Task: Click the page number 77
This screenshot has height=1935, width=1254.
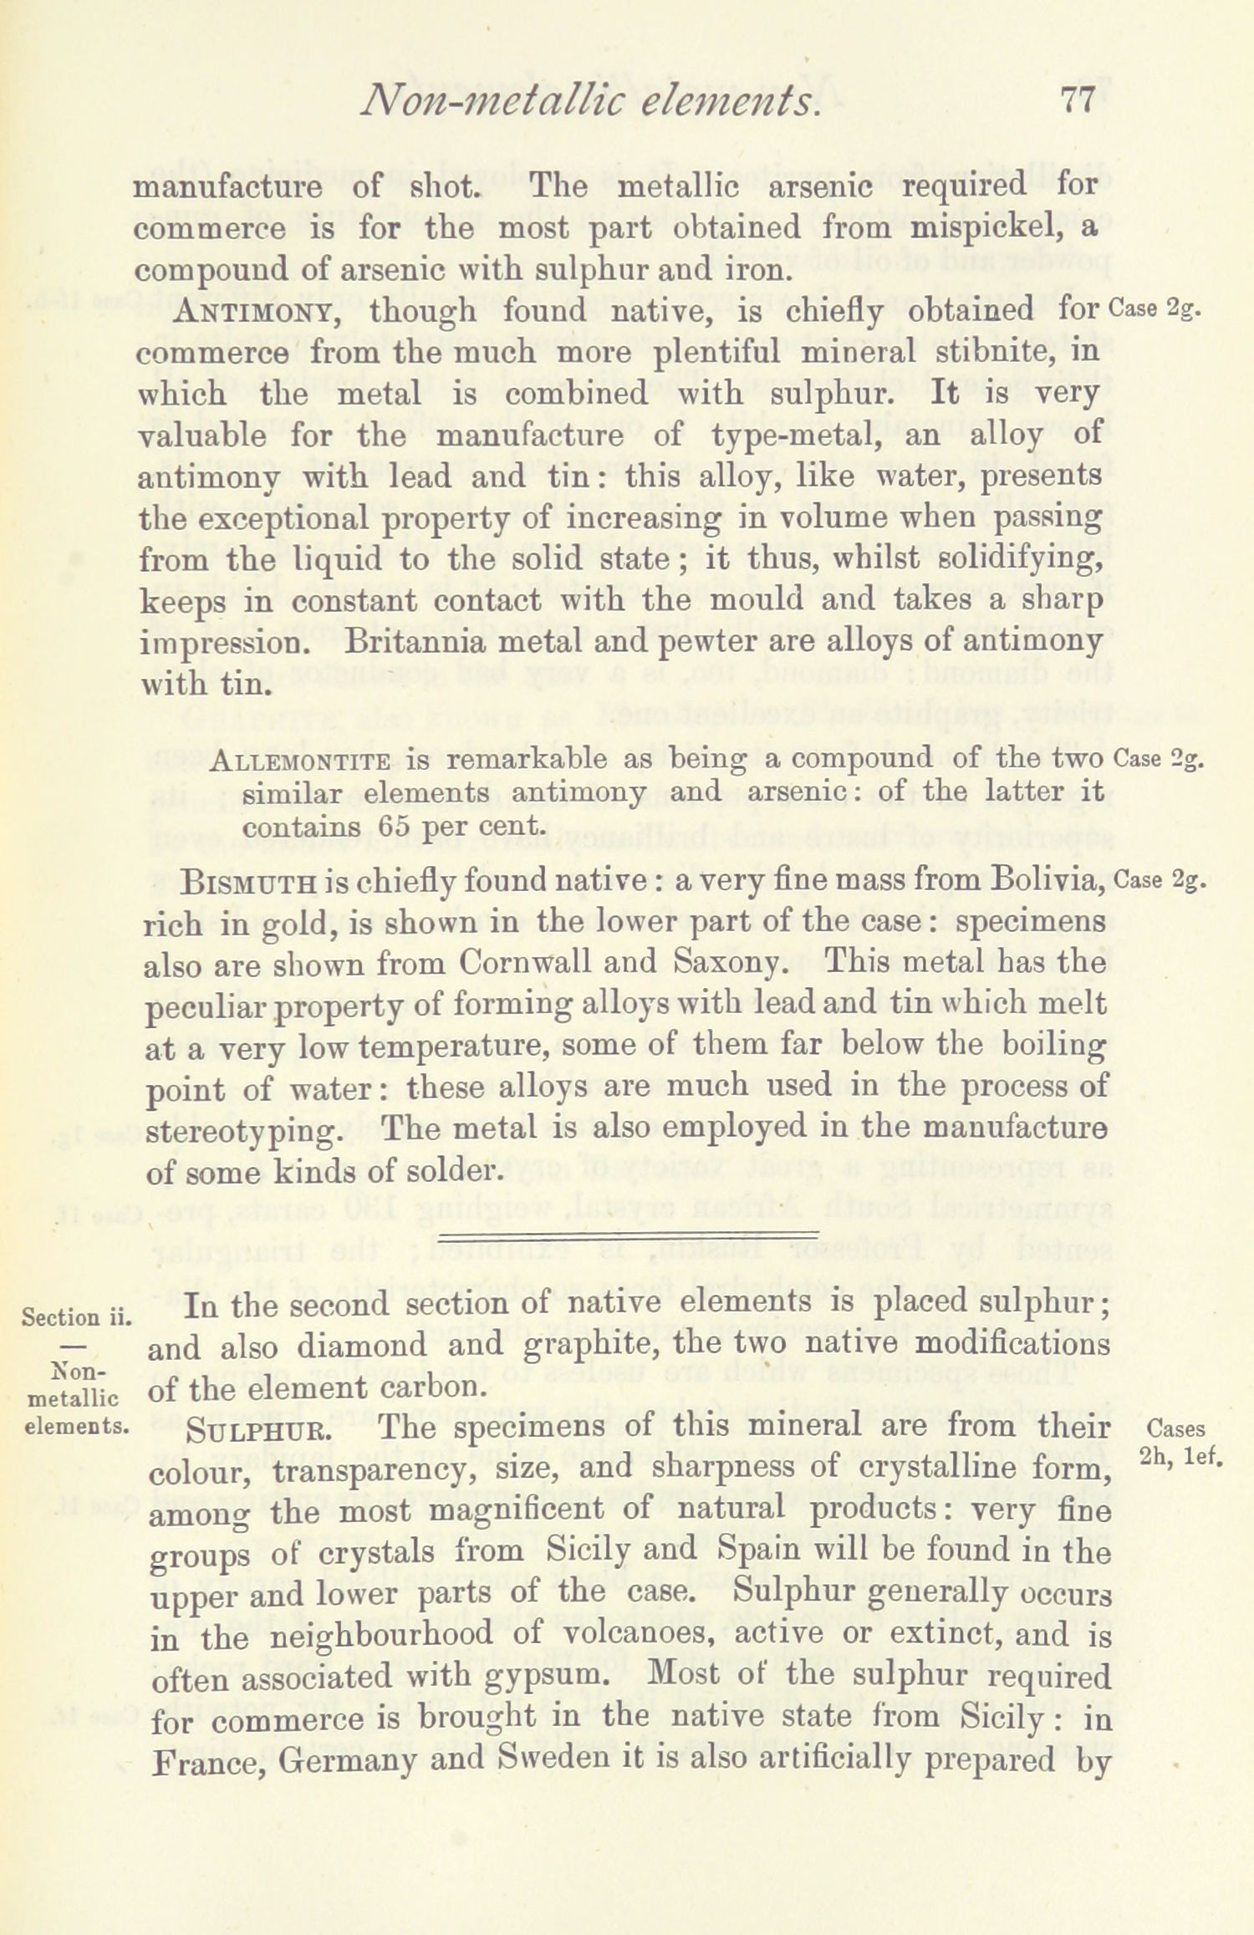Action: click(1077, 103)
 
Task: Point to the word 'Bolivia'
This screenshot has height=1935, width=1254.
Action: click(1041, 881)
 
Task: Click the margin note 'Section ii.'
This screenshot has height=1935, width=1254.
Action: click(76, 1318)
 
